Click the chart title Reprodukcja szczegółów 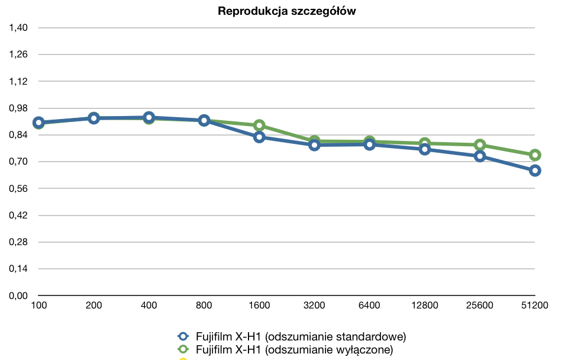point(286,11)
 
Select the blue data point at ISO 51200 point(535,171)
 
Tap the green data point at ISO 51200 point(535,155)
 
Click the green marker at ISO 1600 point(259,125)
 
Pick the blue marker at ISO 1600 point(259,137)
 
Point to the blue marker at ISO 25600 point(480,156)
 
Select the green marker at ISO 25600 point(480,144)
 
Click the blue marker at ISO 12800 point(425,149)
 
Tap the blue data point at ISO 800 point(204,120)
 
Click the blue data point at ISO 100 point(38,123)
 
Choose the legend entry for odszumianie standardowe point(292,336)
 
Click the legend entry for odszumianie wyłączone point(285,349)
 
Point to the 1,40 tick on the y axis point(18,28)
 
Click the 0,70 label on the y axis point(18,162)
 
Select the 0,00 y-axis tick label point(18,296)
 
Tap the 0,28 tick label point(18,242)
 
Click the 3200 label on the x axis point(314,306)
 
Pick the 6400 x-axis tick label point(369,306)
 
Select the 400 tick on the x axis point(149,306)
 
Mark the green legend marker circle point(183,349)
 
